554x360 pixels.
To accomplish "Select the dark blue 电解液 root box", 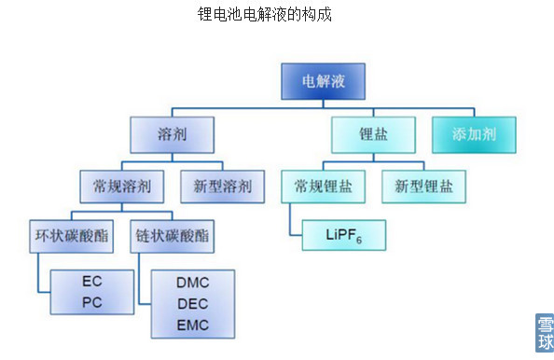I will coord(323,82).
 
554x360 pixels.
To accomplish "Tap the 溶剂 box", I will coord(173,134).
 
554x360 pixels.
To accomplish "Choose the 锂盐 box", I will coord(373,134).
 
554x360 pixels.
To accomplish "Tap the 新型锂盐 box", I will coord(423,186).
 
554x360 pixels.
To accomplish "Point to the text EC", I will coord(91,280).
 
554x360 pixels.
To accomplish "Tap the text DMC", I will coord(192,281).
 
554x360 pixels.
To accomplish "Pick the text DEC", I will coord(192,303).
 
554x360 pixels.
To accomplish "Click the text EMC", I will coord(192,325).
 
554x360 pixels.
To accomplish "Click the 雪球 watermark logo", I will coord(544,334).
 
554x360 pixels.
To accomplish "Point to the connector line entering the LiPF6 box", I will coord(295,233).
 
